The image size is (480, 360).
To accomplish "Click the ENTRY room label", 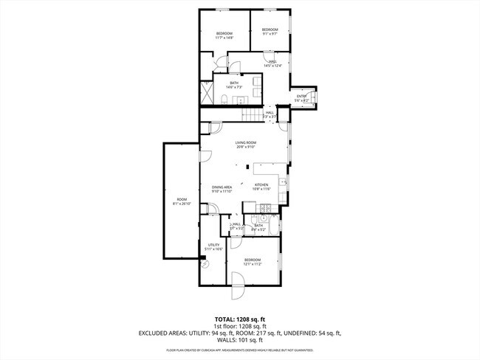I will pos(303,98).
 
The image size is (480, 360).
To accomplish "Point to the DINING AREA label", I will pos(222,189).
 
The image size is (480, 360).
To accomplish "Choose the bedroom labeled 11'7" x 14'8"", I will pos(224,35).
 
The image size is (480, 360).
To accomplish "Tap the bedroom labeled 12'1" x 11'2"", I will pos(253,262).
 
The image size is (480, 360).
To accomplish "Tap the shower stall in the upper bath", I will pos(206,95).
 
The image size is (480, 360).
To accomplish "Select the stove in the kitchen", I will pos(282,182).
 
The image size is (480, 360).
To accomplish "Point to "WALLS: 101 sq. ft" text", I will pos(240,341).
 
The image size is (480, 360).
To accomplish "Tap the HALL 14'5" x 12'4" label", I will pos(272,63).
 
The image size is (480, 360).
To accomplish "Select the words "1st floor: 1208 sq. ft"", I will pos(240,327).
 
